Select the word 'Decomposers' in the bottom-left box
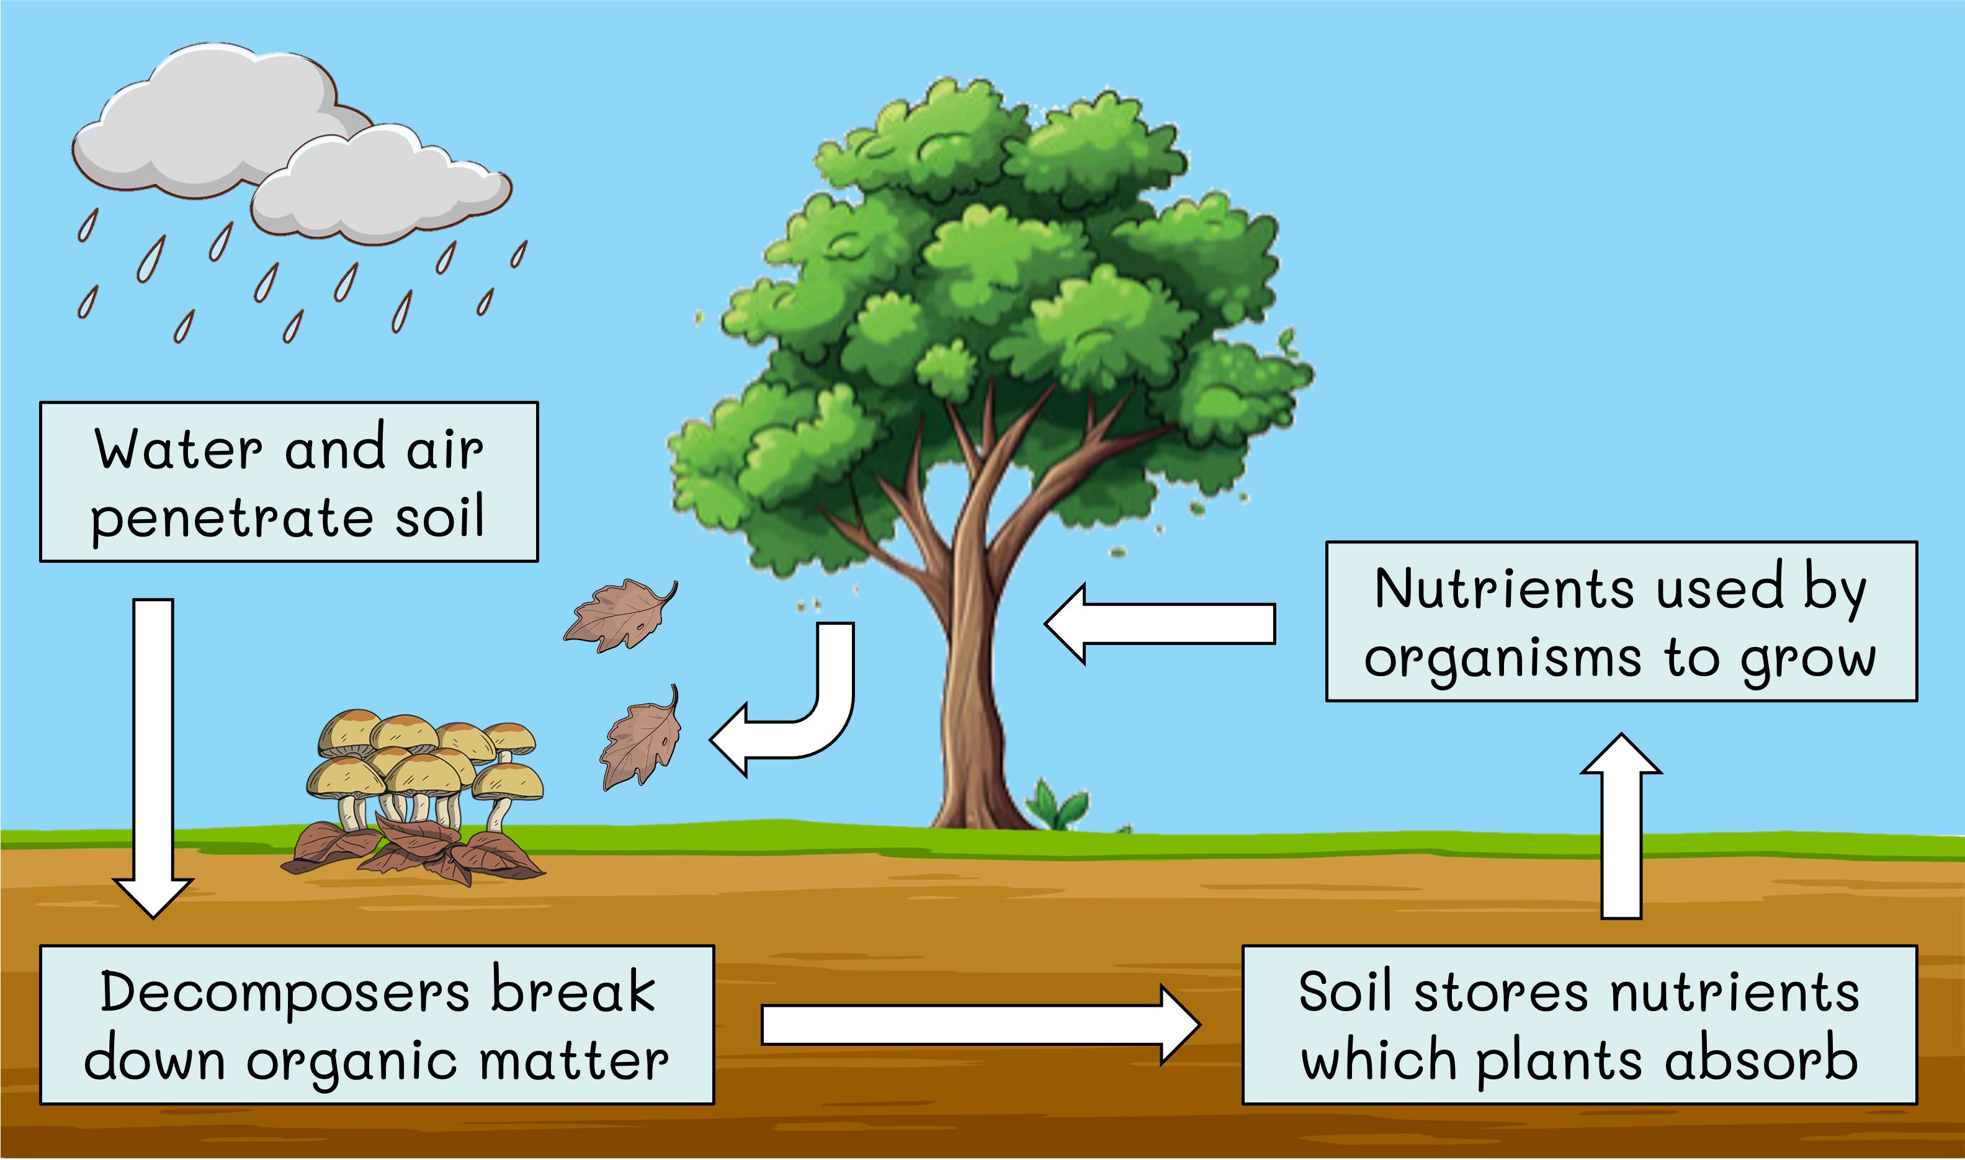(285, 992)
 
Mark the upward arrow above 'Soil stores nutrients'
(1621, 829)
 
